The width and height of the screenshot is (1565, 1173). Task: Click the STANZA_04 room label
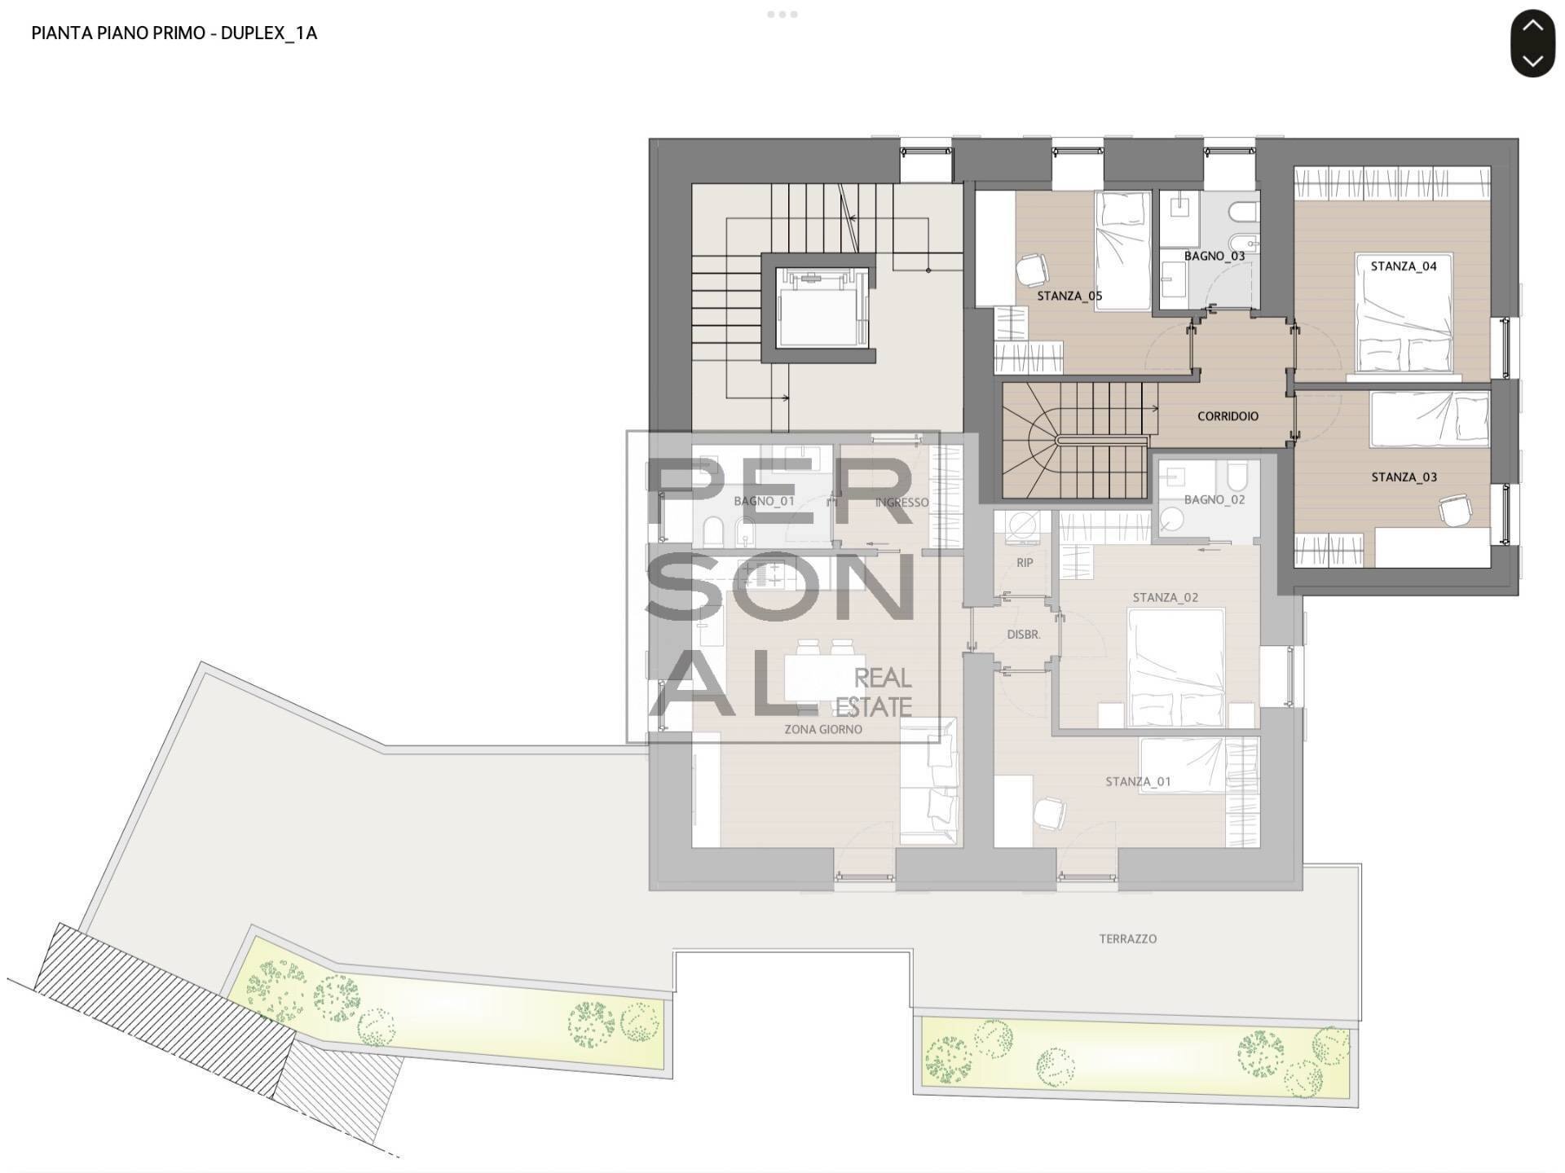1404,266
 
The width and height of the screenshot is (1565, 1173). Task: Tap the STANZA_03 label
1404,477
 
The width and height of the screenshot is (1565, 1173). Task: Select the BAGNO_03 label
1215,256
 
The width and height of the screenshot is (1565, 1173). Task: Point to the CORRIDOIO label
1228,416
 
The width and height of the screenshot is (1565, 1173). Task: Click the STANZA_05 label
1069,296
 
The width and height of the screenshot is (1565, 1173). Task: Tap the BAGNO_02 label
1215,499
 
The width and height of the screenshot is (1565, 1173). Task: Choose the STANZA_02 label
1165,598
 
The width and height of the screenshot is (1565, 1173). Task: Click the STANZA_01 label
1138,782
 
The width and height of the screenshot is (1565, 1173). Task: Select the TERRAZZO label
1127,939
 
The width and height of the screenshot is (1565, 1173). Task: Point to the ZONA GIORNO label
822,730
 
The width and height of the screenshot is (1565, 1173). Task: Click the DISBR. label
1023,635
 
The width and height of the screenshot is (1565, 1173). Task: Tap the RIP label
1025,563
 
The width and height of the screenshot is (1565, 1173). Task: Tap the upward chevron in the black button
1532,25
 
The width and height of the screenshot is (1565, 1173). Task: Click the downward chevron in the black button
1532,60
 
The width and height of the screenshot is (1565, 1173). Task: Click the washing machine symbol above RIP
1023,525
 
